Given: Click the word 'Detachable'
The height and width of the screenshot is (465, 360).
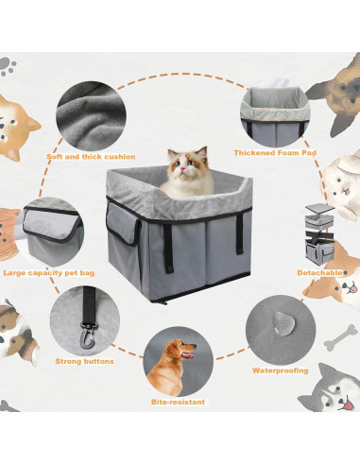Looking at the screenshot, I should coord(318,272).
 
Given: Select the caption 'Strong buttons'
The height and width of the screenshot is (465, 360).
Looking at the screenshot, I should coord(85,361).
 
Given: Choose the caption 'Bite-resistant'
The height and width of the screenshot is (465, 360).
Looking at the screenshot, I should coord(177,402).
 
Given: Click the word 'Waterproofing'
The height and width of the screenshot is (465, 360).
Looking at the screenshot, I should coord(278,370).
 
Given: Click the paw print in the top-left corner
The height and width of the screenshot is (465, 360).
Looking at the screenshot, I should coord(9,65).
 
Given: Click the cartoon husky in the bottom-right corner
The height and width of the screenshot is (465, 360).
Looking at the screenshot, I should coord(337,396).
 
